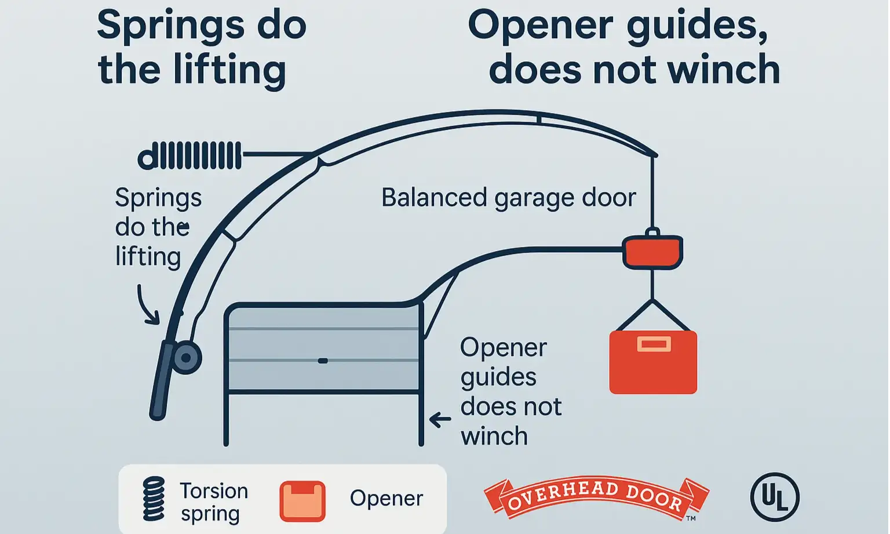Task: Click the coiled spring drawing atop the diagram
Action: [x=189, y=155]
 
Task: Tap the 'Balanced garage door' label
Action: [x=508, y=198]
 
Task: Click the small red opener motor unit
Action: [x=652, y=251]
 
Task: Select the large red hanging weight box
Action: [x=653, y=362]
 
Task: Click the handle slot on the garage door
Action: [x=323, y=361]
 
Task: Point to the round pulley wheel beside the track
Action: [x=186, y=358]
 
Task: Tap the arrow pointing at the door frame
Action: [x=440, y=419]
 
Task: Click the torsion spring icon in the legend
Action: [x=154, y=499]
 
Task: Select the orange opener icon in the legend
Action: [x=302, y=501]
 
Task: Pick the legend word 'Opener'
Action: [x=386, y=499]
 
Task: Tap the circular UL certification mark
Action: [x=775, y=497]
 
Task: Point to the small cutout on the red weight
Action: [x=654, y=344]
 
